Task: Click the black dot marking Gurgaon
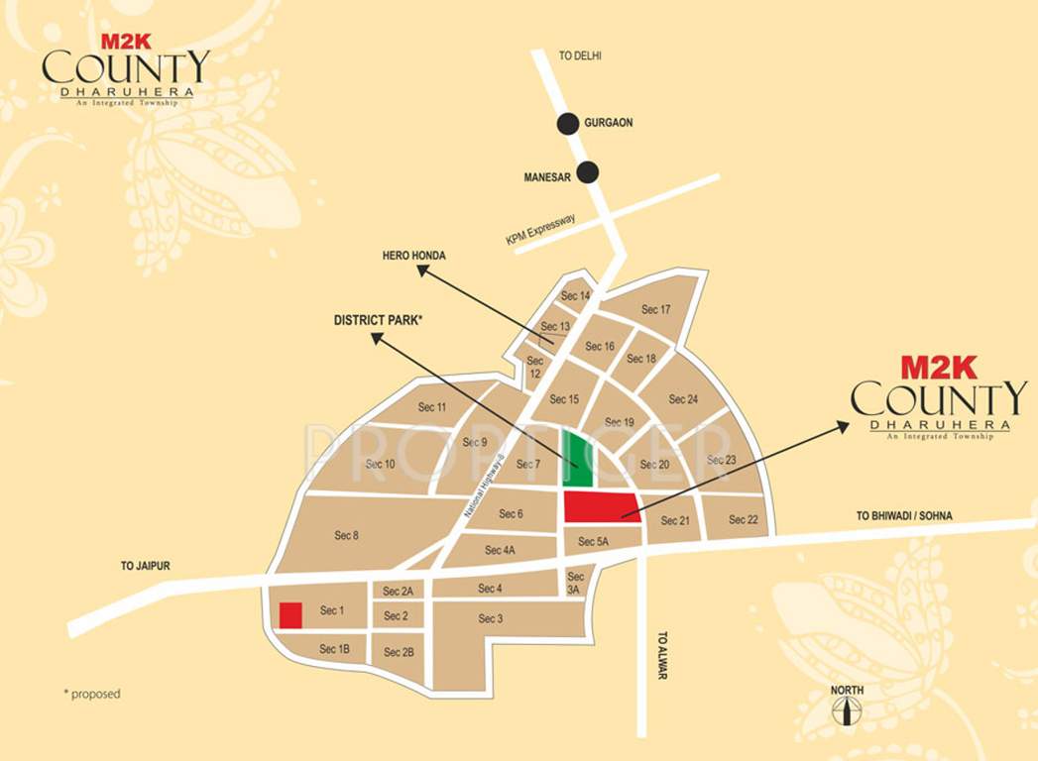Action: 567,124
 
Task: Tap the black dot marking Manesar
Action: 588,172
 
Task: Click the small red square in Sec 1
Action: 290,614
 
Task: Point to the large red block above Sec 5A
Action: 601,505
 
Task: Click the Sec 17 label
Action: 656,310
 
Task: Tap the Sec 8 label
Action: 346,536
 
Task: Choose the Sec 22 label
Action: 744,520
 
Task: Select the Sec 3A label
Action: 576,583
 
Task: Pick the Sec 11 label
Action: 432,407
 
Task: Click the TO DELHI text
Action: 580,56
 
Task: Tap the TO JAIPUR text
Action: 146,566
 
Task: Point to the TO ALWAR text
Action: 662,656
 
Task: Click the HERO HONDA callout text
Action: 414,256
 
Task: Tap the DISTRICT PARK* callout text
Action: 379,320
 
